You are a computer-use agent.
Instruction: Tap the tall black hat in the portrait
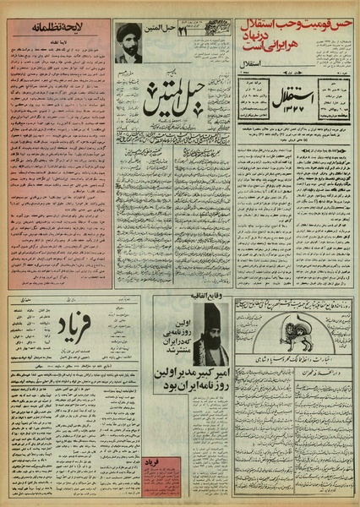(x=208, y=319)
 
